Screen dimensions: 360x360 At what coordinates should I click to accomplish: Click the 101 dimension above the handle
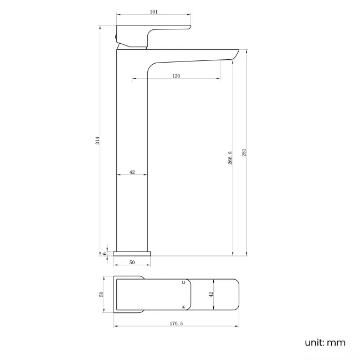(153, 11)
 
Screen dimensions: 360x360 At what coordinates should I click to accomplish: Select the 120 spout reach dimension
(176, 76)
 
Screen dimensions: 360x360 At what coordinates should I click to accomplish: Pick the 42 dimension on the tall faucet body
(132, 172)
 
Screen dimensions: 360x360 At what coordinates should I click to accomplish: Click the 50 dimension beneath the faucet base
(132, 263)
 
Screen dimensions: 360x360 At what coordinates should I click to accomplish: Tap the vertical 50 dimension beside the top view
(101, 295)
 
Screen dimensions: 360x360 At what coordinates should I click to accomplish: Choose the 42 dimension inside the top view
(210, 295)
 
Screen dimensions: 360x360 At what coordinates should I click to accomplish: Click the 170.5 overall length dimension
(176, 323)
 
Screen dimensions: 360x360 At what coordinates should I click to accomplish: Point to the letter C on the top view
(183, 283)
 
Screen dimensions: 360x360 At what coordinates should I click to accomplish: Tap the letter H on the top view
(183, 306)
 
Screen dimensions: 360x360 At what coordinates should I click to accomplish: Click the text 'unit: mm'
(325, 342)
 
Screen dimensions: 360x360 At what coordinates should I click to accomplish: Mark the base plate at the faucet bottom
(132, 254)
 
